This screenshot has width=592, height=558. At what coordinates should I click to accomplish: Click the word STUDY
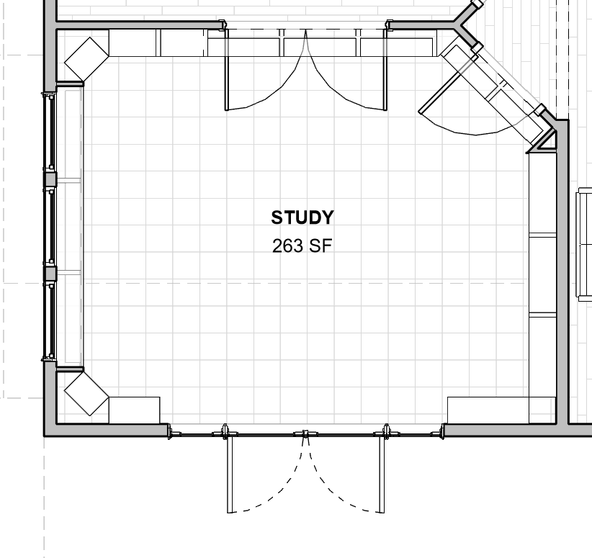pos(302,217)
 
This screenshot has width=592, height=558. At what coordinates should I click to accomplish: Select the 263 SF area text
pos(302,246)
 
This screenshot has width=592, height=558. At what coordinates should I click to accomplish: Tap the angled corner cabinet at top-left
pos(86,58)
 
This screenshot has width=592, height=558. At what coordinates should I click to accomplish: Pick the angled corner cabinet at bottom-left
pos(86,393)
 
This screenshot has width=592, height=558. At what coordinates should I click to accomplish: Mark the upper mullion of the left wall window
pos(50,179)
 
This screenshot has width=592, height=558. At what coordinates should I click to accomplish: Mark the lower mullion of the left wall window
pos(50,274)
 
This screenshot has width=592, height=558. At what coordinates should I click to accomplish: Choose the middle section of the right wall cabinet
pos(543,274)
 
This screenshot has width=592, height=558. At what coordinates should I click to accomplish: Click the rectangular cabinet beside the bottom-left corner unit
pos(134,410)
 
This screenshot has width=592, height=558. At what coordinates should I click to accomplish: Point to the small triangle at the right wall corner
pos(544,141)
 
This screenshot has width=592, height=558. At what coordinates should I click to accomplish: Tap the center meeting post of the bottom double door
pos(305,434)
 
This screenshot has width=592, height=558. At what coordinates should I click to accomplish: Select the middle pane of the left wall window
pos(50,226)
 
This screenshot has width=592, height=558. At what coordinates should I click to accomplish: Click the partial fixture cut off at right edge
pos(584,244)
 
